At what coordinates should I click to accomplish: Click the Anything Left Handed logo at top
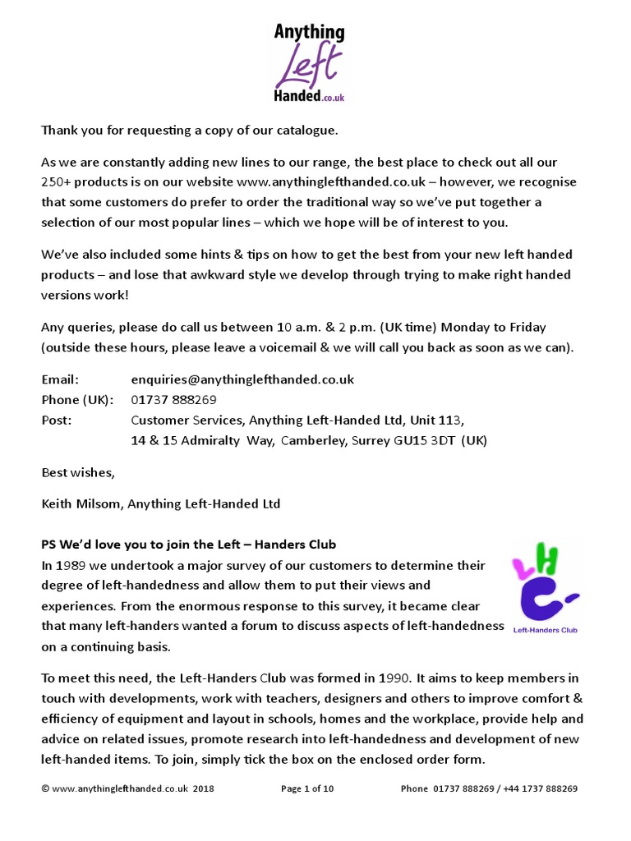(x=310, y=63)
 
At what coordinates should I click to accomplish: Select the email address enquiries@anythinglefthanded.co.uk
(x=242, y=379)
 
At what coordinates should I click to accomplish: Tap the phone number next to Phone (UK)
(x=173, y=400)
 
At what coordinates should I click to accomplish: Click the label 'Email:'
(x=60, y=379)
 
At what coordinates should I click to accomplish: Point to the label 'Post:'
(x=57, y=420)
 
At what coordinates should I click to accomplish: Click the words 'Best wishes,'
(x=79, y=472)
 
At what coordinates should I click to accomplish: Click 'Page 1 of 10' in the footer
(x=307, y=788)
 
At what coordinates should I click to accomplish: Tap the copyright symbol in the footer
(x=45, y=789)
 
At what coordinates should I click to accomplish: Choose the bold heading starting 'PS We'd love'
(x=188, y=545)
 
